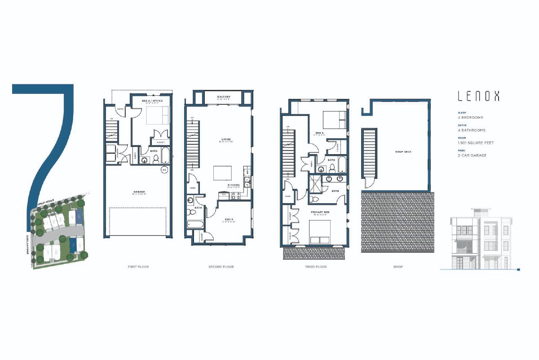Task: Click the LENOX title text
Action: tap(478, 96)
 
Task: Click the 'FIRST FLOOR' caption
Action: tap(138, 267)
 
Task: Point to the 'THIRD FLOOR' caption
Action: tap(316, 267)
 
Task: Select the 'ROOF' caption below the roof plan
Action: tap(398, 267)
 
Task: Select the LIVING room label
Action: tap(225, 139)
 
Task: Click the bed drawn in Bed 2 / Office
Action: tap(158, 116)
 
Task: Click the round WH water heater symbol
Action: tap(164, 170)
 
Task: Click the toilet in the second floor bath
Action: tap(191, 212)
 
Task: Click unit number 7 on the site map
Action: tap(73, 245)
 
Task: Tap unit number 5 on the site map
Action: tap(79, 217)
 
